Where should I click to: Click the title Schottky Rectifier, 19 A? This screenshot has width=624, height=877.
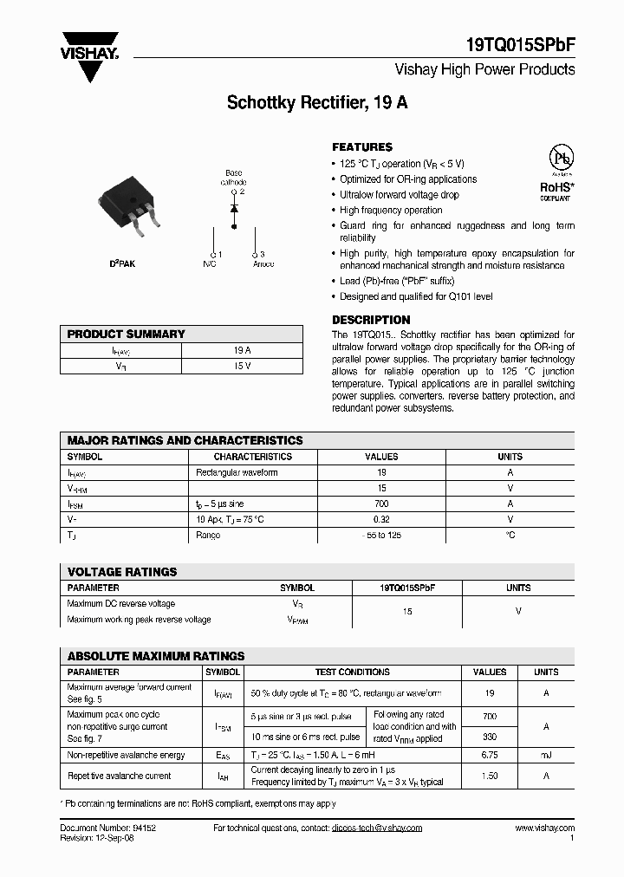pos(317,102)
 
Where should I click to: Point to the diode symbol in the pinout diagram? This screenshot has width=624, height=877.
pos(233,209)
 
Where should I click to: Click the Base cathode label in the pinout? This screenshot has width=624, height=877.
pos(233,178)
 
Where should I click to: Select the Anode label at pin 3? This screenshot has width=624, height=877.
pos(262,263)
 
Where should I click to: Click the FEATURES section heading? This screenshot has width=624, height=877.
pos(362,147)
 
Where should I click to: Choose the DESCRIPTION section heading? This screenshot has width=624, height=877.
pos(371,320)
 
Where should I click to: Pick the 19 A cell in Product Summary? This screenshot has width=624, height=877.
pos(242,350)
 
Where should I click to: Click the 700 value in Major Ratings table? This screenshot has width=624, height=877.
pos(381,503)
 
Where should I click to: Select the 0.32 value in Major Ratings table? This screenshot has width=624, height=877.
pos(381,519)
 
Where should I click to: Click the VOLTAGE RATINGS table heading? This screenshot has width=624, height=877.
pos(122,572)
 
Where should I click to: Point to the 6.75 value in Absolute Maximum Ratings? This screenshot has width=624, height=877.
pos(490,756)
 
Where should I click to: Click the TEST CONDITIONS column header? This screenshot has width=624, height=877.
pos(352,672)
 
